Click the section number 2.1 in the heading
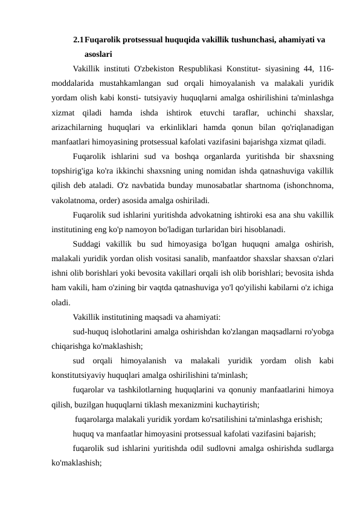click(x=78, y=41)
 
